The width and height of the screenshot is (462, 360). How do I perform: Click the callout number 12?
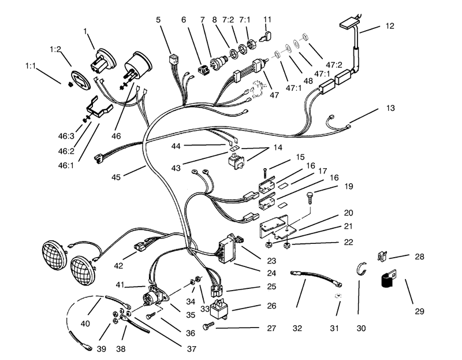[x=389, y=26]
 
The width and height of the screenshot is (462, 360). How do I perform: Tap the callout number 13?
[x=390, y=108]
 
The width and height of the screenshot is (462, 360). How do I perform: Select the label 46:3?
[x=66, y=136]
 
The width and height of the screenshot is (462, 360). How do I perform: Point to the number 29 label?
[x=419, y=311]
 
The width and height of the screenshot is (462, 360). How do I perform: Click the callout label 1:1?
[x=31, y=66]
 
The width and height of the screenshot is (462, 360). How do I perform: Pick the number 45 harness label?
[x=116, y=177]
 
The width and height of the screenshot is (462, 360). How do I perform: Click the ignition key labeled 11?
[x=267, y=36]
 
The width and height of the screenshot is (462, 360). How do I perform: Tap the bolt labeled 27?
[x=208, y=326]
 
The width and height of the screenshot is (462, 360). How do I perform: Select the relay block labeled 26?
[x=221, y=309]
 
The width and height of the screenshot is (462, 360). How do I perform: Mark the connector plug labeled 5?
[x=174, y=60]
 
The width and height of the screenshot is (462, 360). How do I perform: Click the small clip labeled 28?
[x=382, y=256]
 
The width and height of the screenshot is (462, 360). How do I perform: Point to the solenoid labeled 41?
[x=154, y=295]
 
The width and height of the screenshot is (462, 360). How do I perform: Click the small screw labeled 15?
[x=266, y=173]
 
